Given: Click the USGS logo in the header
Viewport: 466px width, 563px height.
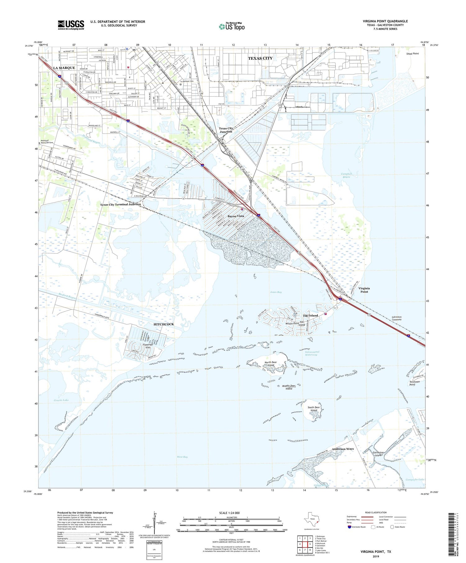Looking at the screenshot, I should tap(71, 25).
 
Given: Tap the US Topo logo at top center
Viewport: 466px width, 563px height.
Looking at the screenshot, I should tap(232, 27).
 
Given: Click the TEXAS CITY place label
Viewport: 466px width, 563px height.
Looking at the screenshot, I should tap(260, 58).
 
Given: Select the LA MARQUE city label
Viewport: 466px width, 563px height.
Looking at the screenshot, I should tap(64, 68).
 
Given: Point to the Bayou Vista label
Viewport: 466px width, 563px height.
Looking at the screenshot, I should tap(236, 216).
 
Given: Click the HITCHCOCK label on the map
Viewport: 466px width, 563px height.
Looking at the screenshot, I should tap(164, 324).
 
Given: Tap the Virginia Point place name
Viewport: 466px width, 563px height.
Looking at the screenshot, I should tap(364, 290).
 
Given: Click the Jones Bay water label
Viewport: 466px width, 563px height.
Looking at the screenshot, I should tap(276, 292).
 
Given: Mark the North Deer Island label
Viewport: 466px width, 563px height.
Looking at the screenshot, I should tap(271, 364).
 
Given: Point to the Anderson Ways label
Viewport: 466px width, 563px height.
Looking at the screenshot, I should tap(343, 449).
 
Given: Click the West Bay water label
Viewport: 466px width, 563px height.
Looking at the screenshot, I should tap(182, 457).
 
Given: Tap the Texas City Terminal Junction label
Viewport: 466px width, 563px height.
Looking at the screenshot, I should tap(120, 204).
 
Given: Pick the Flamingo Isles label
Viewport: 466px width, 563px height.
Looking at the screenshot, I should tap(148, 346).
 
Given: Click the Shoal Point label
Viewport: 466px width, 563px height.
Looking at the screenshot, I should tap(413, 54).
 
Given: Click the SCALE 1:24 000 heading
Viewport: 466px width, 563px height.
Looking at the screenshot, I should tap(231, 513).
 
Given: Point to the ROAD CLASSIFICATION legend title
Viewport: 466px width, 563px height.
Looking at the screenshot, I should tap(376, 512).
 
